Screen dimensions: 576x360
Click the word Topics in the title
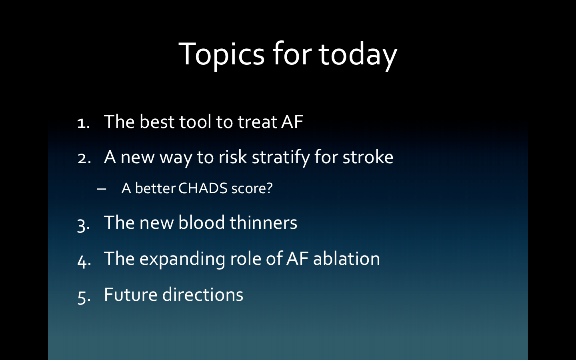click(222, 55)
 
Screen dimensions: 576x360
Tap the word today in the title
click(358, 55)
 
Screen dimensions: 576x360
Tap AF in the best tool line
click(292, 122)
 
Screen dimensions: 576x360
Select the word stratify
click(281, 157)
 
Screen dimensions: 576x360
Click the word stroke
click(368, 157)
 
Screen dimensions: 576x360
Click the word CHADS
click(203, 188)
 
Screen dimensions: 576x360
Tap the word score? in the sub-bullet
click(252, 188)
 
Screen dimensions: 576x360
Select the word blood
click(201, 222)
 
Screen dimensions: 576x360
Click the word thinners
click(263, 222)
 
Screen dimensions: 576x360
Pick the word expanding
click(182, 259)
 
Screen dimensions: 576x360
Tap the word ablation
click(346, 258)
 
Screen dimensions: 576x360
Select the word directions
click(203, 294)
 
